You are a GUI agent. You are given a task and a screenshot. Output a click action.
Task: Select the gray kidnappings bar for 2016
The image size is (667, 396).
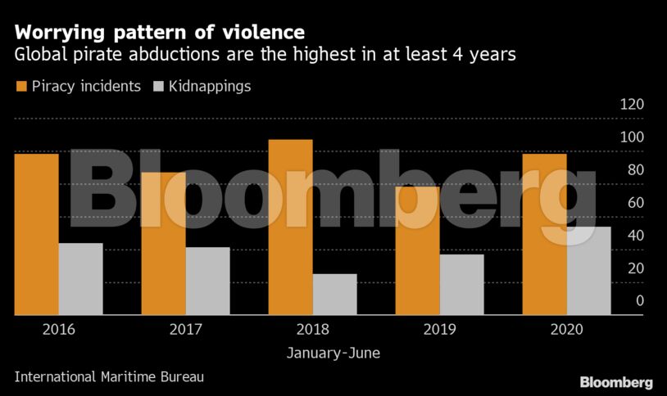80,279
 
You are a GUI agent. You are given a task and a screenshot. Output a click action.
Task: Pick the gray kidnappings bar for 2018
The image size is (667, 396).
334,295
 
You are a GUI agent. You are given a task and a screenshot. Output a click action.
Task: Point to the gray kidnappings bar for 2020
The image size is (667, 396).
588,271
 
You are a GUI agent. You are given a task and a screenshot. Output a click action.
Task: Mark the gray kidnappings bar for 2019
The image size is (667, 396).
461,285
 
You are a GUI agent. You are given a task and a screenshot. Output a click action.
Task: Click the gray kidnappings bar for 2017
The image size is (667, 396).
207,281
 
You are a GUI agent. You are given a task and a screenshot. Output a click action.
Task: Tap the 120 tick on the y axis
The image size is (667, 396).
632,105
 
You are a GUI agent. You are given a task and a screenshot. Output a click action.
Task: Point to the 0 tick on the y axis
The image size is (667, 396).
640,301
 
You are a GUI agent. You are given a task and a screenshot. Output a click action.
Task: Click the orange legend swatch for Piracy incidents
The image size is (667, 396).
20,86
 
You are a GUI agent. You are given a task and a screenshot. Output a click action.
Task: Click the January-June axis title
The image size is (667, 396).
333,353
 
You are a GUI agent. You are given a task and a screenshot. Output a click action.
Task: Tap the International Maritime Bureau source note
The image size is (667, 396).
109,377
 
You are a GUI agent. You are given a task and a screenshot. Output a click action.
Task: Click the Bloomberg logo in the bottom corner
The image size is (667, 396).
616,382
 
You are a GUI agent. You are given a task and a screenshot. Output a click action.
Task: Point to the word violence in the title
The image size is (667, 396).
259,33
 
